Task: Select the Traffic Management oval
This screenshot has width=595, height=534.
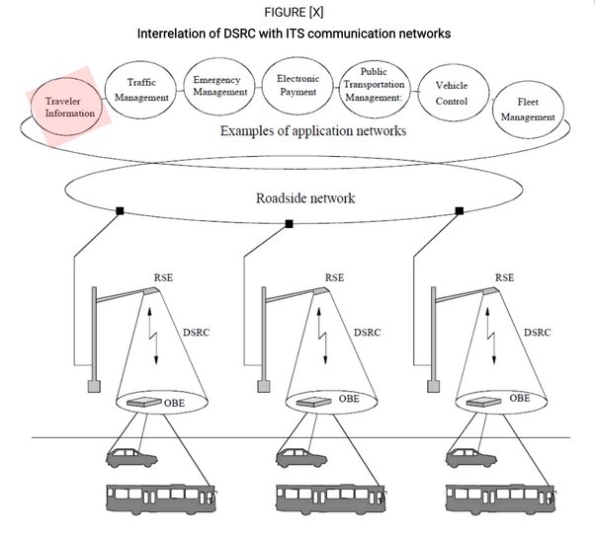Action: pyautogui.click(x=142, y=91)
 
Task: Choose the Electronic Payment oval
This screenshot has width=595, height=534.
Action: pyautogui.click(x=297, y=84)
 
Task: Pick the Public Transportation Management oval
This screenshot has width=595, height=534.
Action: pyautogui.click(x=374, y=86)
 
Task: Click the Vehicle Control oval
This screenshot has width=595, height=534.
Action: pyautogui.click(x=451, y=92)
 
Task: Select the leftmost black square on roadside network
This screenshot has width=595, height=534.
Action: pyautogui.click(x=120, y=210)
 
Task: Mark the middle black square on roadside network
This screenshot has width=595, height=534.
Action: pyautogui.click(x=289, y=224)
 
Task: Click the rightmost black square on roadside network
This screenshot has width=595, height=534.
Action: pyautogui.click(x=459, y=210)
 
